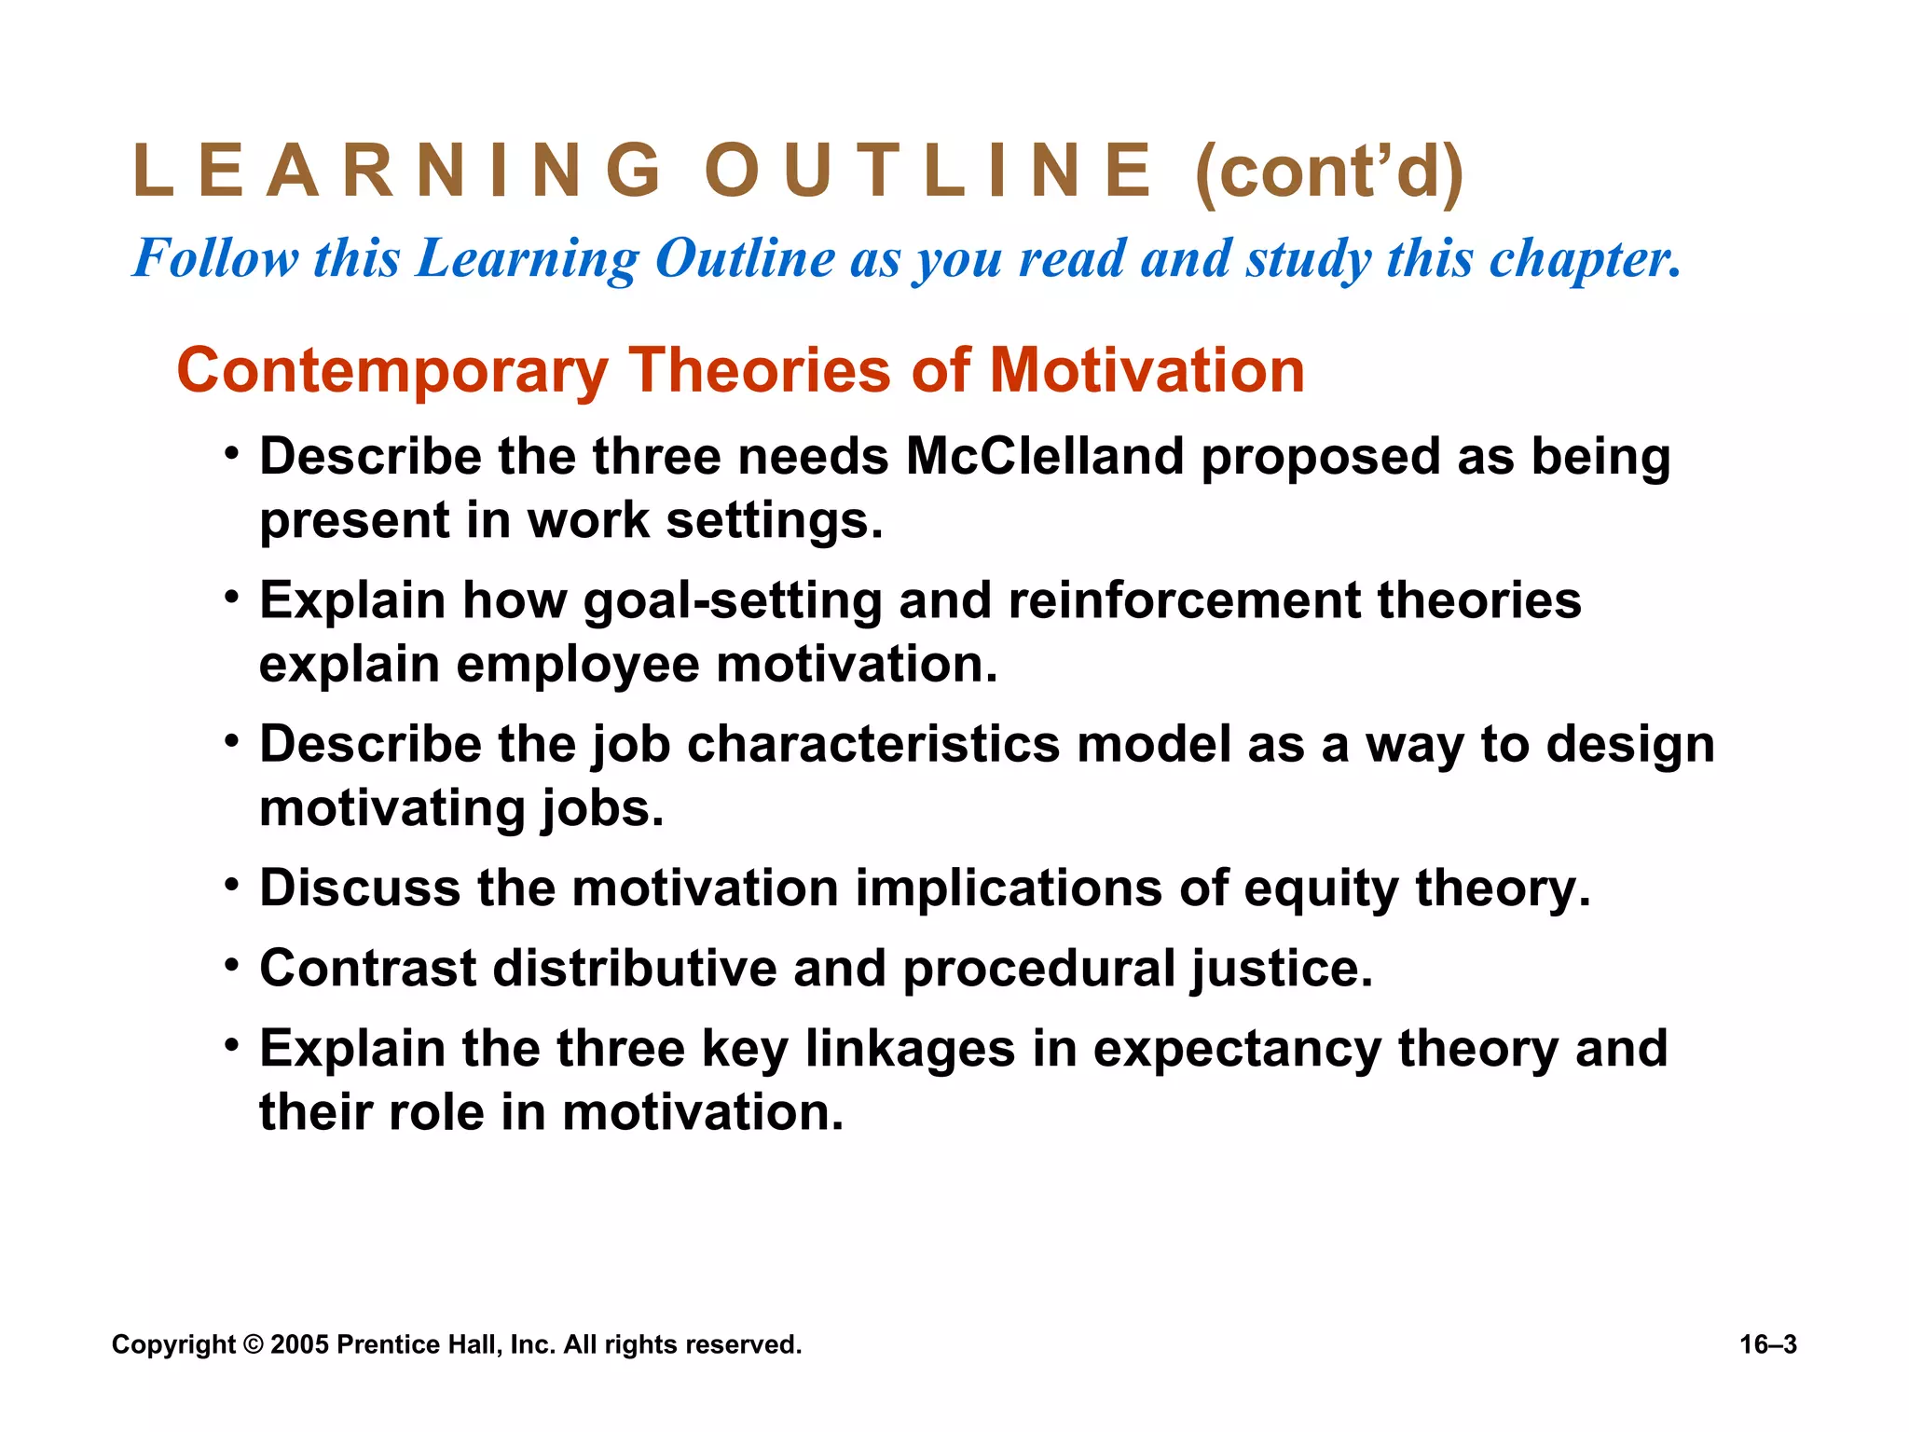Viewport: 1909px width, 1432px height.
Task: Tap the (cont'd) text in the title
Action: (1328, 172)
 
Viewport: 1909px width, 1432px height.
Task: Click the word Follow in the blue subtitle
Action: (215, 258)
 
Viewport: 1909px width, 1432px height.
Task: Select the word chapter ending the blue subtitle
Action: (1584, 260)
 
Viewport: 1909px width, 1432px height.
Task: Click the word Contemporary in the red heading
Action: (391, 372)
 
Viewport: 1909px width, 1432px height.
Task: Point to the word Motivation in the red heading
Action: (1146, 370)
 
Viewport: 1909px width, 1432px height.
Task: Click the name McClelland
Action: (1044, 457)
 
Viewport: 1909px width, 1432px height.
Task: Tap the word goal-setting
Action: (733, 600)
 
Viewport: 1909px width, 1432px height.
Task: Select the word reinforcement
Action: (1183, 600)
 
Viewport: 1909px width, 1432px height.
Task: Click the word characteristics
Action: (873, 745)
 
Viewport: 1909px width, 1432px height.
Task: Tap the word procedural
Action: (1038, 969)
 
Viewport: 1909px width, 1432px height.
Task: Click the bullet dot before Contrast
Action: (232, 964)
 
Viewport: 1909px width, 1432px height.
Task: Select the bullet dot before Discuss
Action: (232, 883)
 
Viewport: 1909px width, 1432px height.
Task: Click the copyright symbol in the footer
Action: (254, 1344)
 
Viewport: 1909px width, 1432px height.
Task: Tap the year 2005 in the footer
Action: (298, 1344)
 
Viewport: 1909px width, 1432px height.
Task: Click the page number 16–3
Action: (1767, 1344)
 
